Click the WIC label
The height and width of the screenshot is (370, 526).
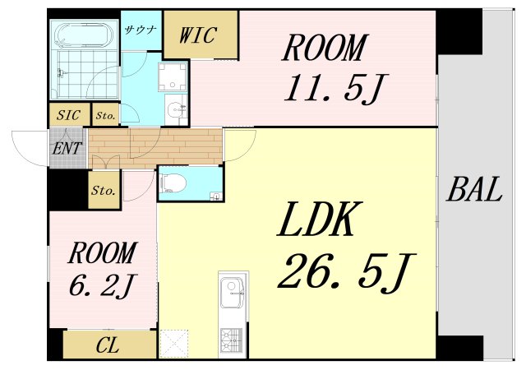pos(197,35)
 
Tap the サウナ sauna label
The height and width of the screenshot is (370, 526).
pos(141,30)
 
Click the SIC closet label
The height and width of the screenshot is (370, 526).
pos(68,115)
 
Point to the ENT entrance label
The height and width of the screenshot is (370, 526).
pos(67,148)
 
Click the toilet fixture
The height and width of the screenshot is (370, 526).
pos(173,183)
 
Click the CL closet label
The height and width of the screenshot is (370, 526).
pos(108,345)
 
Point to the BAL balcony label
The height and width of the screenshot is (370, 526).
pos(474,188)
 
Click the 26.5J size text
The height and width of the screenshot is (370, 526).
pos(346,273)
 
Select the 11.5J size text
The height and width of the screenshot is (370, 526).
pos(336,88)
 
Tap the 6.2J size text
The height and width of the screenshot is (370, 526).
pos(102,285)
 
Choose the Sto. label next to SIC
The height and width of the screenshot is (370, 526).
pos(105,116)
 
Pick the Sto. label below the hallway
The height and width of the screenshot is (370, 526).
pos(104,191)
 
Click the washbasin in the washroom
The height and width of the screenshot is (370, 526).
pos(175,109)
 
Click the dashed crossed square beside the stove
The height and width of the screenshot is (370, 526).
pos(174,344)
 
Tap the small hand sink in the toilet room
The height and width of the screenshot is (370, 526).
pos(215,196)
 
